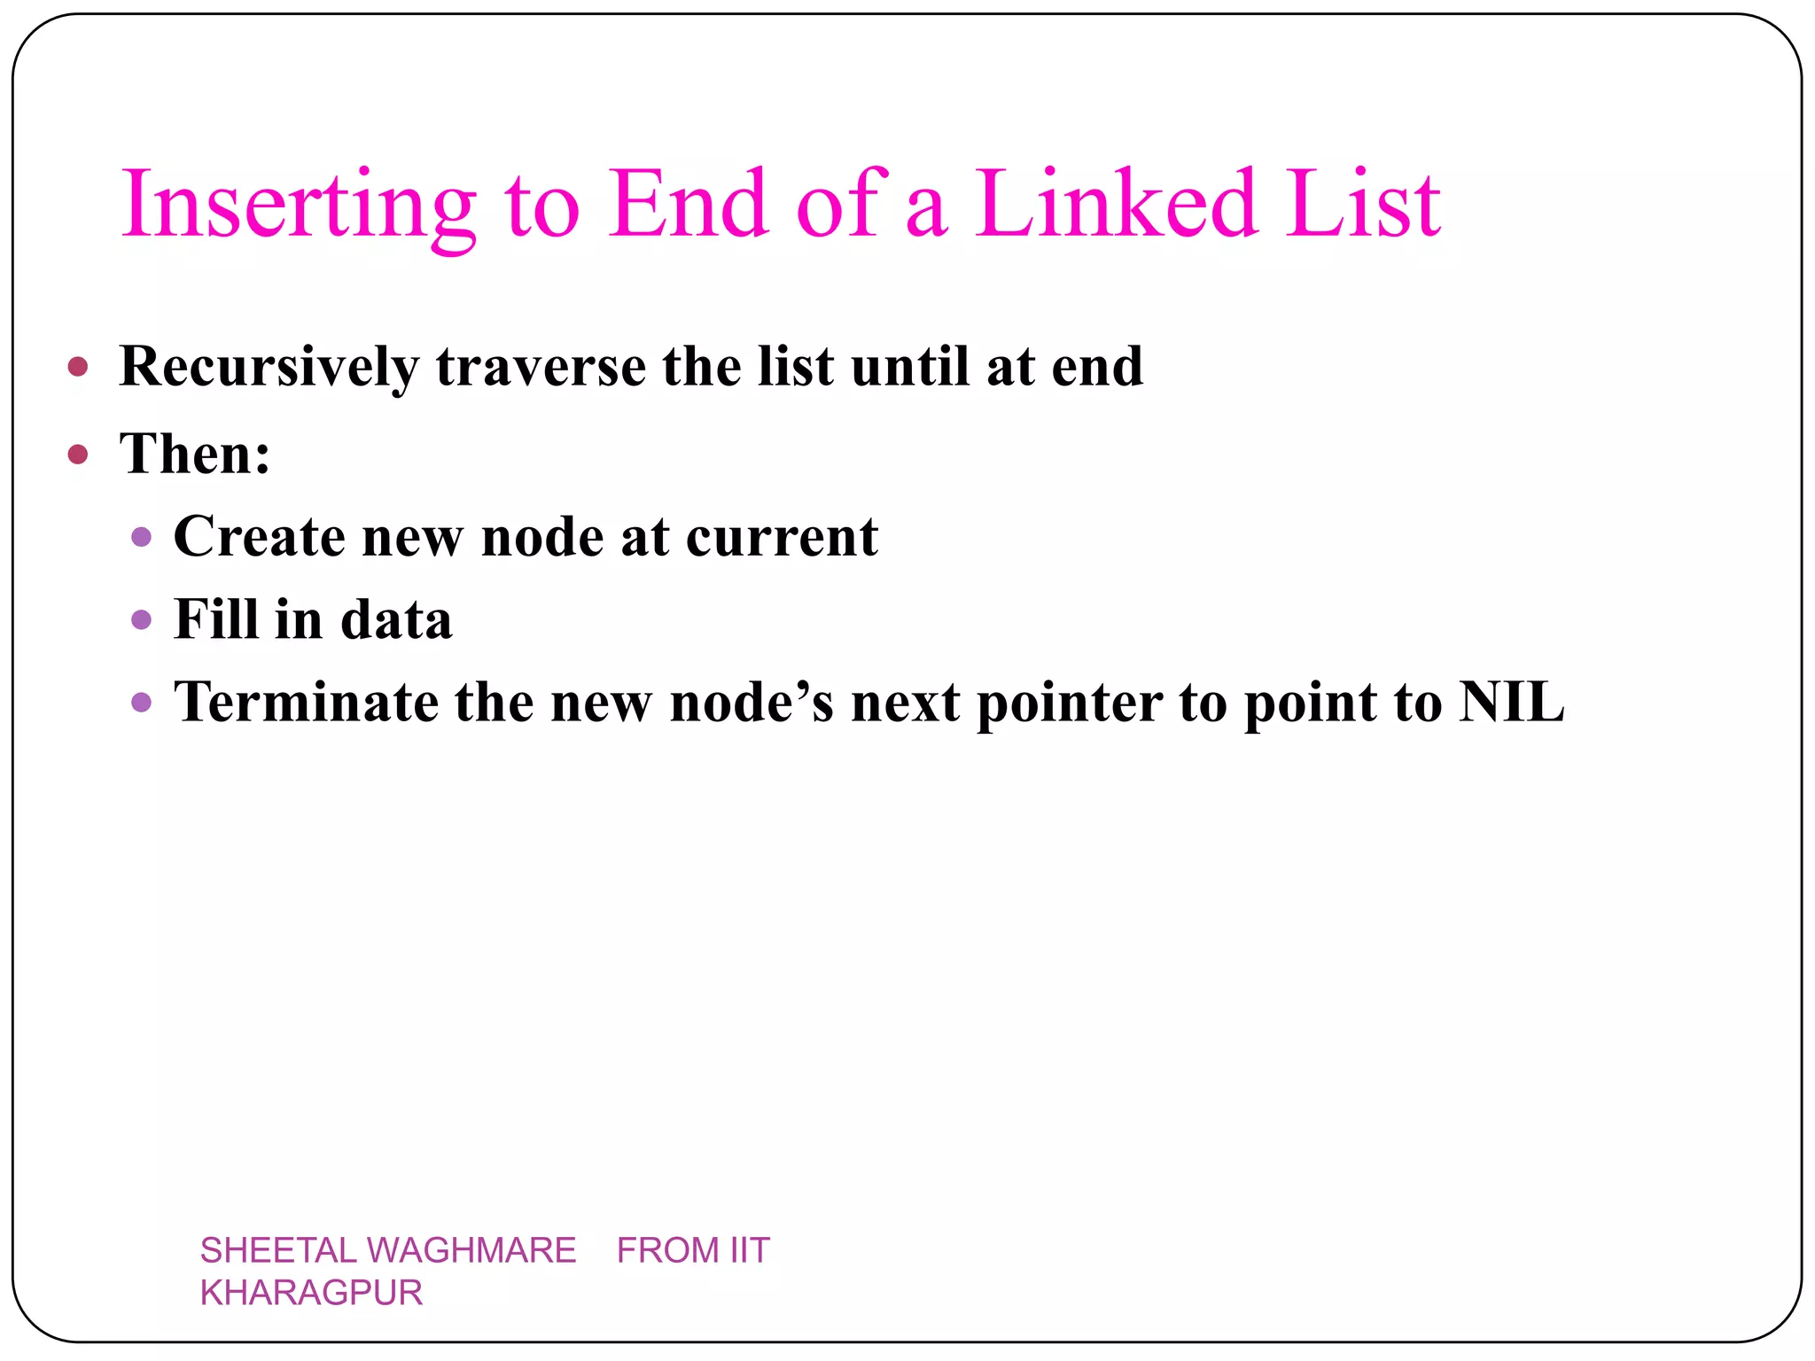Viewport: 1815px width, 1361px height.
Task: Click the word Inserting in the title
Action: click(x=299, y=206)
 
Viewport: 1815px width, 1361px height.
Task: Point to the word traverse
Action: click(x=541, y=367)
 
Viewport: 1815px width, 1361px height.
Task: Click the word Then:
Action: click(x=195, y=454)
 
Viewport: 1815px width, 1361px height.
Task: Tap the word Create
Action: click(x=259, y=537)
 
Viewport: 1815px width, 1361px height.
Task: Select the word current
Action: click(x=782, y=537)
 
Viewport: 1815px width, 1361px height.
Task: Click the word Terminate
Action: click(x=306, y=703)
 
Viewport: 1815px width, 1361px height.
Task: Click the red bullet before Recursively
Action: click(x=78, y=367)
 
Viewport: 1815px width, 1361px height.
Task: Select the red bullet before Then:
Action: click(x=78, y=455)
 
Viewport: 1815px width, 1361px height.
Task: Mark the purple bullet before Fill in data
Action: click(x=141, y=619)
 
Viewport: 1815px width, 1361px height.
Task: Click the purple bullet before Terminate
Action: click(x=141, y=703)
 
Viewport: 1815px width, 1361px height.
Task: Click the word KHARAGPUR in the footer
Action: click(x=311, y=1293)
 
